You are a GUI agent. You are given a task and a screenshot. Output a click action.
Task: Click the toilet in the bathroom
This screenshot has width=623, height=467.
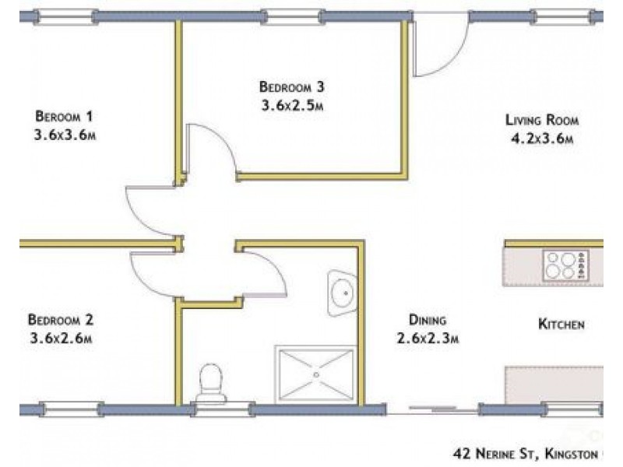(x=210, y=383)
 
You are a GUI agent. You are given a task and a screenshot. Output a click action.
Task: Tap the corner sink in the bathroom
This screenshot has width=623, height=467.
(x=342, y=293)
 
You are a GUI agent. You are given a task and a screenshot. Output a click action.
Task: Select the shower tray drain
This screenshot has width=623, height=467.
(x=316, y=374)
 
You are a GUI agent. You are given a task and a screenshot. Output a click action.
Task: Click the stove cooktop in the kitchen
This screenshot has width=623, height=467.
(x=566, y=265)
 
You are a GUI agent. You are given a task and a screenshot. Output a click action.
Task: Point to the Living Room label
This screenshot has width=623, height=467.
(x=542, y=120)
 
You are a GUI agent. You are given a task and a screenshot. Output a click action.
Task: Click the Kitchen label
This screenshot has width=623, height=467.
(x=561, y=324)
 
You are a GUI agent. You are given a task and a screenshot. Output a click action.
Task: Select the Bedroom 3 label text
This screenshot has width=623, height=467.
(x=291, y=86)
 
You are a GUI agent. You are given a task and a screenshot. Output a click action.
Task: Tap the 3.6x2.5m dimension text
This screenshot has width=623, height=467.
(x=292, y=106)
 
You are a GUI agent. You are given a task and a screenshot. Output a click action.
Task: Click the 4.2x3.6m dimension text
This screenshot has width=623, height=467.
(x=542, y=139)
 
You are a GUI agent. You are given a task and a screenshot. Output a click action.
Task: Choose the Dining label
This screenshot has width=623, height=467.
(x=428, y=320)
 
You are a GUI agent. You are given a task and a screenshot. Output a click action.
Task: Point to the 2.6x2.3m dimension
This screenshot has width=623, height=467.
(x=428, y=339)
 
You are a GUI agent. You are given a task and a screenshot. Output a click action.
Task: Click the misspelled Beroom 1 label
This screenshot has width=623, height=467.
(x=64, y=116)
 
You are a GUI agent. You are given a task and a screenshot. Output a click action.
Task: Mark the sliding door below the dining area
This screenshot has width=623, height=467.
(x=432, y=408)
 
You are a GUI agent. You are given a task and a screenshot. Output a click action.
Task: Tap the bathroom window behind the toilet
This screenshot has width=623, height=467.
(x=223, y=409)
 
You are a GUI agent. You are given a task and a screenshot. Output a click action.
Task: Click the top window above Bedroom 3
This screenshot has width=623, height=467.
(x=292, y=17)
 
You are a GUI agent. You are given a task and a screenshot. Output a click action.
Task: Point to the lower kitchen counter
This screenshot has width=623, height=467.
(x=554, y=384)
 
